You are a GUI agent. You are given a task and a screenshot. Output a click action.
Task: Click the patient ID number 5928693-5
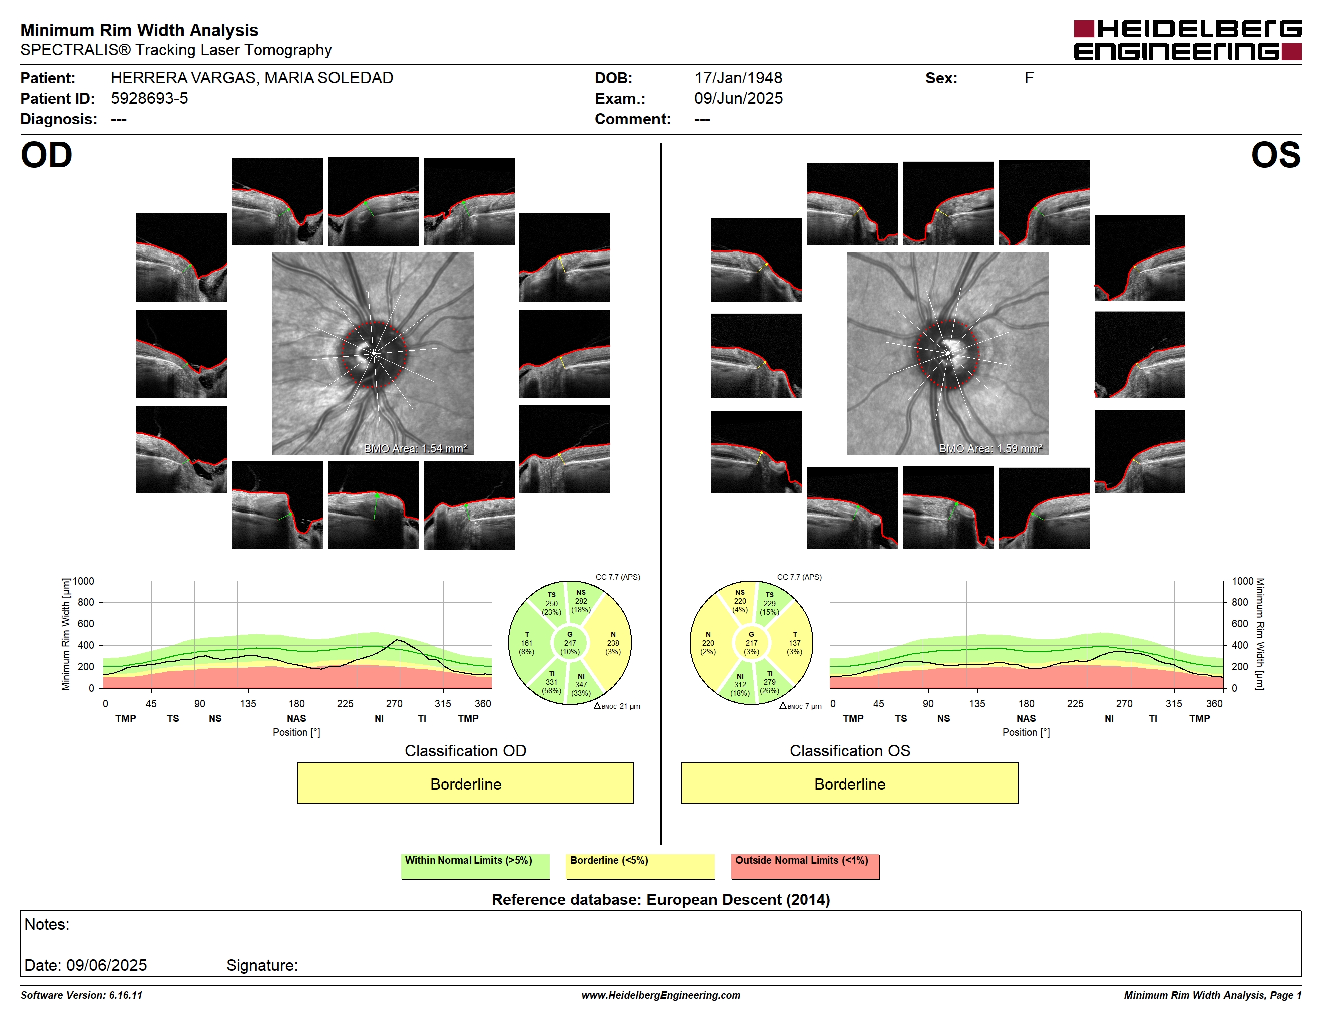[149, 98]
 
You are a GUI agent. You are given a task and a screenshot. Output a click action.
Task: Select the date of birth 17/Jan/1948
[738, 78]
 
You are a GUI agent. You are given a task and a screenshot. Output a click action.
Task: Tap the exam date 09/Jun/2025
[738, 98]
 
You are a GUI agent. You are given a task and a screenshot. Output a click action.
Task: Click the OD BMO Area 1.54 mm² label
[415, 449]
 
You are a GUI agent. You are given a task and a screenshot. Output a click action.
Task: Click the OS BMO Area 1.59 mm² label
[990, 449]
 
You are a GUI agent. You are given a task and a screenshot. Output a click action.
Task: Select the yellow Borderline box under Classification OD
[465, 783]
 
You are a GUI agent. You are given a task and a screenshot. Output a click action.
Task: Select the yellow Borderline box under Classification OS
[849, 783]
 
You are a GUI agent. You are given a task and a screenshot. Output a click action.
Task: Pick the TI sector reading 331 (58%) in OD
[551, 682]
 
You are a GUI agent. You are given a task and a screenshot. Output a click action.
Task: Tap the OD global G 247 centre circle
[569, 643]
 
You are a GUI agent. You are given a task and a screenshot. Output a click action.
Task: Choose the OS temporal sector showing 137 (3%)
[794, 643]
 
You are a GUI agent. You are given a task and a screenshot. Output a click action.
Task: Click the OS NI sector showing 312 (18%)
[740, 685]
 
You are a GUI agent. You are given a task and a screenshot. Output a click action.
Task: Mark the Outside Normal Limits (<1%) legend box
[805, 866]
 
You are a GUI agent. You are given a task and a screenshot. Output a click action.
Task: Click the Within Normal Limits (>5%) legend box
[475, 866]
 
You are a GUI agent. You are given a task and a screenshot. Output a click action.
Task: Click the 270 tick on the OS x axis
[1124, 703]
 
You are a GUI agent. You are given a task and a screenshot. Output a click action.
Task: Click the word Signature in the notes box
[261, 965]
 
